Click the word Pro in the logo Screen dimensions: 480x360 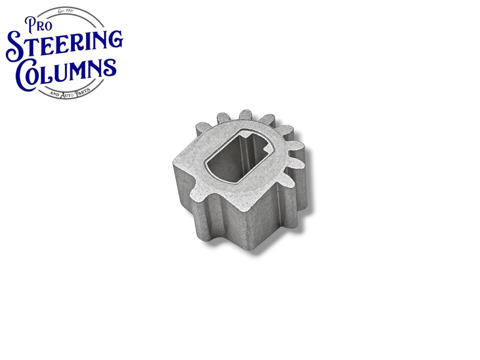[38, 25]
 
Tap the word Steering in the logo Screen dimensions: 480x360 [64, 45]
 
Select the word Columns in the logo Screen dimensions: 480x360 [66, 74]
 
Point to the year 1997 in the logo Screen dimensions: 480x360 [70, 11]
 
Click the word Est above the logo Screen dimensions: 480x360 [61, 11]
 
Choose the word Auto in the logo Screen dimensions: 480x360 [67, 95]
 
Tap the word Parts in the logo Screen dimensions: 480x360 [82, 92]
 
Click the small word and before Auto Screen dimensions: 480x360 [54, 94]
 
